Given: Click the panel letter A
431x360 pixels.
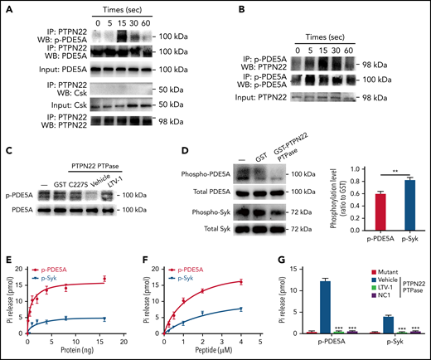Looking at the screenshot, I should click(x=7, y=7).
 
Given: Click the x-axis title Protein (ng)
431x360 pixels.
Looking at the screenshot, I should click(x=80, y=353).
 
